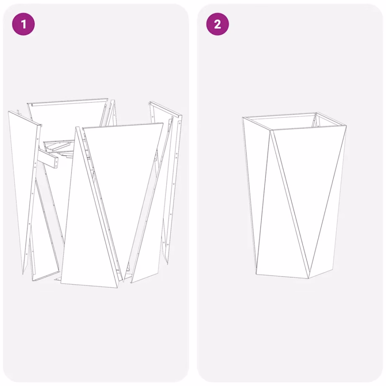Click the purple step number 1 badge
pyautogui.click(x=23, y=24)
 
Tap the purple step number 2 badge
pyautogui.click(x=217, y=24)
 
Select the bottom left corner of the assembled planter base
pyautogui.click(x=256, y=274)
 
